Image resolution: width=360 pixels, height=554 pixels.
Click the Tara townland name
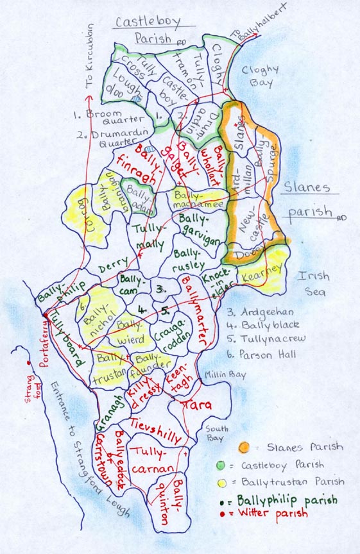pos(197,405)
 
